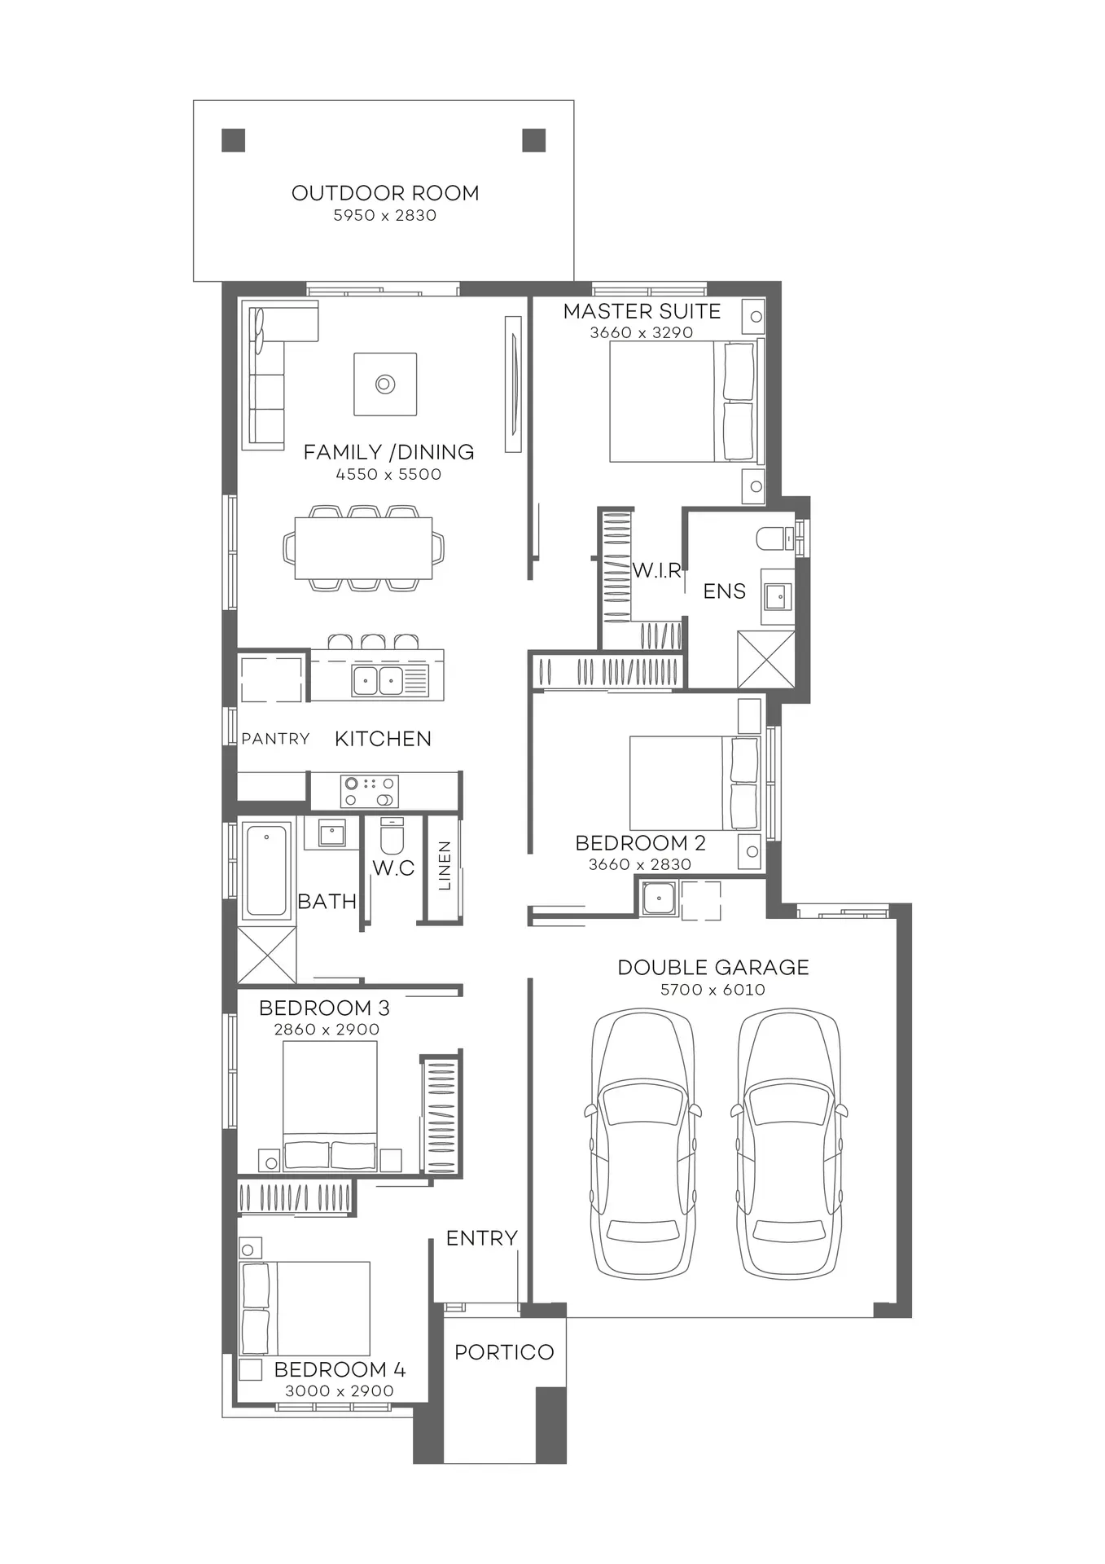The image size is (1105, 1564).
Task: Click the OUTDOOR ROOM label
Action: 385,193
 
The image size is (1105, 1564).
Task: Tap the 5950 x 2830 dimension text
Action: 385,216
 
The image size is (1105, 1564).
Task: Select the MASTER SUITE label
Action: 642,311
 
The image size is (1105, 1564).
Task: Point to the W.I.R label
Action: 656,570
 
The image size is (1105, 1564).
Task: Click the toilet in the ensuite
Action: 774,538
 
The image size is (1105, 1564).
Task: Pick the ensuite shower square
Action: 765,659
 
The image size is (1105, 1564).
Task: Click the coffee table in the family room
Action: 385,384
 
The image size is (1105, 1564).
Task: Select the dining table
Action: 363,547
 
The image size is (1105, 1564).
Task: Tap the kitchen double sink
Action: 378,680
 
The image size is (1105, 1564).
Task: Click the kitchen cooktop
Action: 369,791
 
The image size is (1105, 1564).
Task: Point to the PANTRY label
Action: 275,739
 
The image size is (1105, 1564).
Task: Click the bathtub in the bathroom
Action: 266,871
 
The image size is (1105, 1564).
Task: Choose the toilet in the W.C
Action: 392,834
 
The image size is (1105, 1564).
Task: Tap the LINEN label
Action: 445,866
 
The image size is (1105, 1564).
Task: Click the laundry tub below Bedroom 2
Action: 657,899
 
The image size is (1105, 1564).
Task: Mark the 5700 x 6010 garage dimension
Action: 713,990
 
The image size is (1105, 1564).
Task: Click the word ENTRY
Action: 482,1238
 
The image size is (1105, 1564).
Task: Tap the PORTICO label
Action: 504,1352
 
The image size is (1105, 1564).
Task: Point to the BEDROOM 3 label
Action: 324,1008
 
